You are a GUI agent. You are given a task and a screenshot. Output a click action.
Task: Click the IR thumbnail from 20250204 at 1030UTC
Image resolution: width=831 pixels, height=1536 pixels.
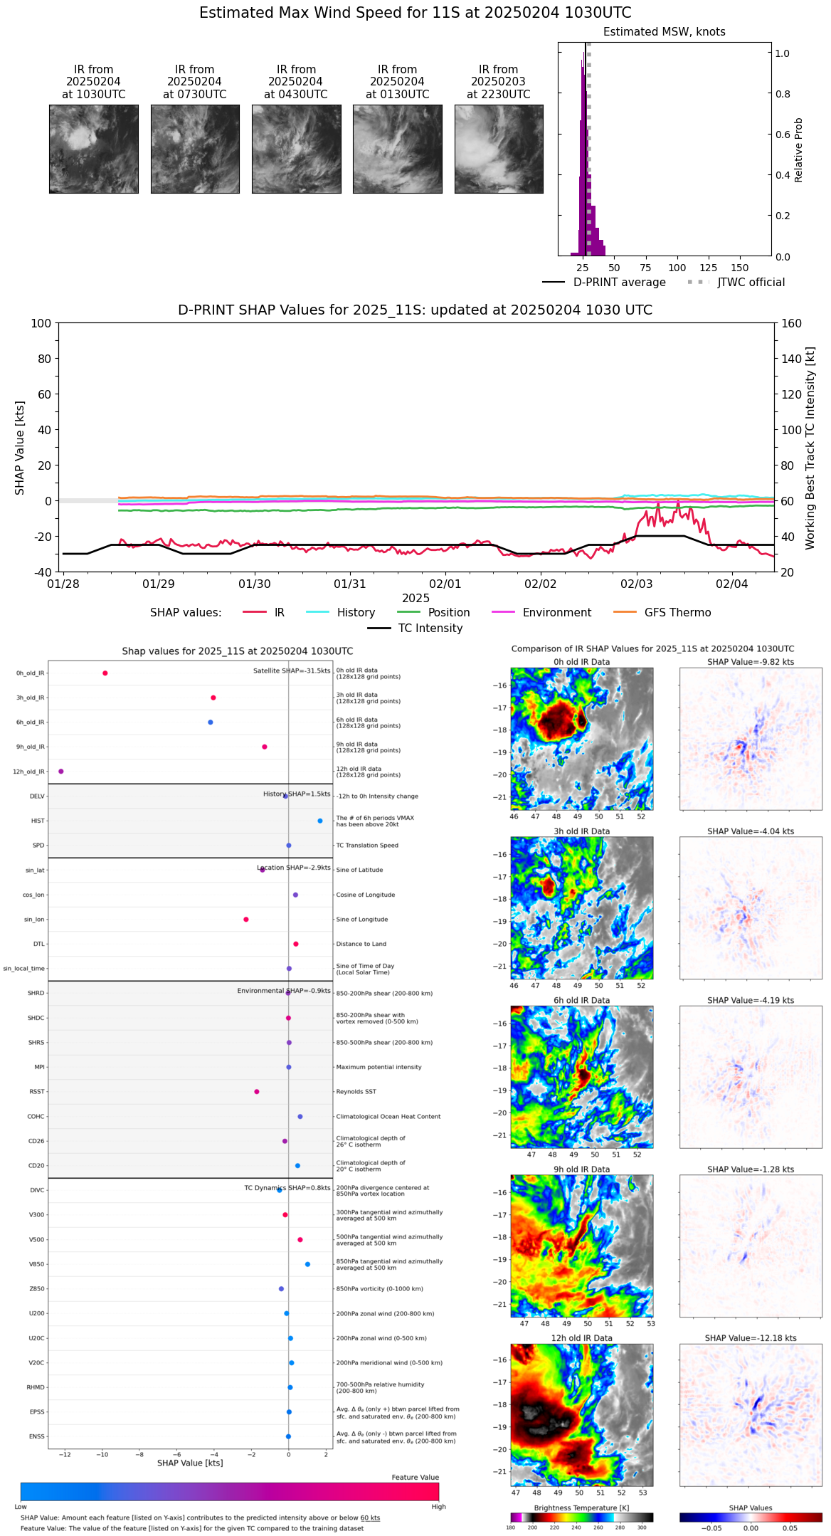(x=93, y=149)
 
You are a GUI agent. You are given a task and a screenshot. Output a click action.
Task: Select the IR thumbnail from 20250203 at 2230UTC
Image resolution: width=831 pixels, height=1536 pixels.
(x=499, y=149)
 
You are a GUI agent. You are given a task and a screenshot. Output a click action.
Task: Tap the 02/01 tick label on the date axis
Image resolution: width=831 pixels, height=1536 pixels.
(x=445, y=584)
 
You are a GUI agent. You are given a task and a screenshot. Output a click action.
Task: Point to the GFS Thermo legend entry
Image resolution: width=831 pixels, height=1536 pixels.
(x=677, y=613)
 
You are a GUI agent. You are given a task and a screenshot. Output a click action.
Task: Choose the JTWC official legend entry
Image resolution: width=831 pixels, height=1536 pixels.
(x=751, y=283)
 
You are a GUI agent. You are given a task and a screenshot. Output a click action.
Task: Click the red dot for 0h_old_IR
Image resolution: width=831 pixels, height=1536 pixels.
(x=105, y=673)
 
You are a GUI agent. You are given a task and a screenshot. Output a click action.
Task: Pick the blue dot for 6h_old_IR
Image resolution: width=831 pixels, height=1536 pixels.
(x=211, y=722)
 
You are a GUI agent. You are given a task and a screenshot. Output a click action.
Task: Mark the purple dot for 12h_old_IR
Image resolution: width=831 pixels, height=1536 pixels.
(x=61, y=772)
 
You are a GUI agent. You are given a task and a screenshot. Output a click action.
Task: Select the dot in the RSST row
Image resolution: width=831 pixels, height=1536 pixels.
(x=257, y=1092)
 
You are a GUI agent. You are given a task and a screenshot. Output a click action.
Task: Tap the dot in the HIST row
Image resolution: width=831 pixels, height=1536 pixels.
(x=320, y=821)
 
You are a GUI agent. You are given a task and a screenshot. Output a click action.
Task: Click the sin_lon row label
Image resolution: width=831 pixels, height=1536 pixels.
(x=34, y=920)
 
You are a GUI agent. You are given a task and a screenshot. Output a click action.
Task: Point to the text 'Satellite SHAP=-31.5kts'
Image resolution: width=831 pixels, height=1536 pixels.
(x=292, y=671)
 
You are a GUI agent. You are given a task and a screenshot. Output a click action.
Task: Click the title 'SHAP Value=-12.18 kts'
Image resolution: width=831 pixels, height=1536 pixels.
(x=750, y=1338)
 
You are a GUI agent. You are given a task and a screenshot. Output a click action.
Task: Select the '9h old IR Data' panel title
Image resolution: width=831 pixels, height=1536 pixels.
(x=581, y=1169)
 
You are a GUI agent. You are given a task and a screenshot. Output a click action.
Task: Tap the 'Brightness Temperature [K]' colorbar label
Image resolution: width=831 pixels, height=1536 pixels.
(x=581, y=1508)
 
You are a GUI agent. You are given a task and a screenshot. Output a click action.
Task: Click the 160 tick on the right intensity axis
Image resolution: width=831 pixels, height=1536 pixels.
(x=791, y=324)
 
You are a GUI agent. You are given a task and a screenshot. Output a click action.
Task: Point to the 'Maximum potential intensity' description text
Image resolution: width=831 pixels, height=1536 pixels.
(x=379, y=1068)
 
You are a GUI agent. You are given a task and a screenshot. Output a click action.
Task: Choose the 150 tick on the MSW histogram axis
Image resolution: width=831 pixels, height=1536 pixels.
(x=739, y=268)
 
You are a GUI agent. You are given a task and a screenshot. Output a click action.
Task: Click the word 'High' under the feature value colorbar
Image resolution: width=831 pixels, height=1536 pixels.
(x=438, y=1507)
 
